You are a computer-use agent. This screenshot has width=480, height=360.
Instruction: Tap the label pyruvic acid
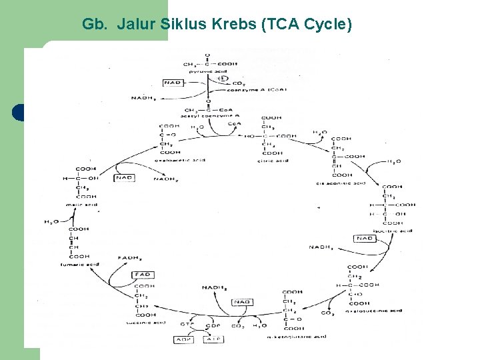point(208,71)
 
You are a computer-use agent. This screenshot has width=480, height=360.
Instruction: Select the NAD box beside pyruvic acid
point(173,83)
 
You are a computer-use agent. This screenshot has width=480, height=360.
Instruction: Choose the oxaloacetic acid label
point(176,161)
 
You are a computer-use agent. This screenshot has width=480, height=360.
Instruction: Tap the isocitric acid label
point(393,231)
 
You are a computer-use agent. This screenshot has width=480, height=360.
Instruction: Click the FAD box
point(143,275)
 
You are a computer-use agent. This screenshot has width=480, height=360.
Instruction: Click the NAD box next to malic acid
point(125,178)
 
